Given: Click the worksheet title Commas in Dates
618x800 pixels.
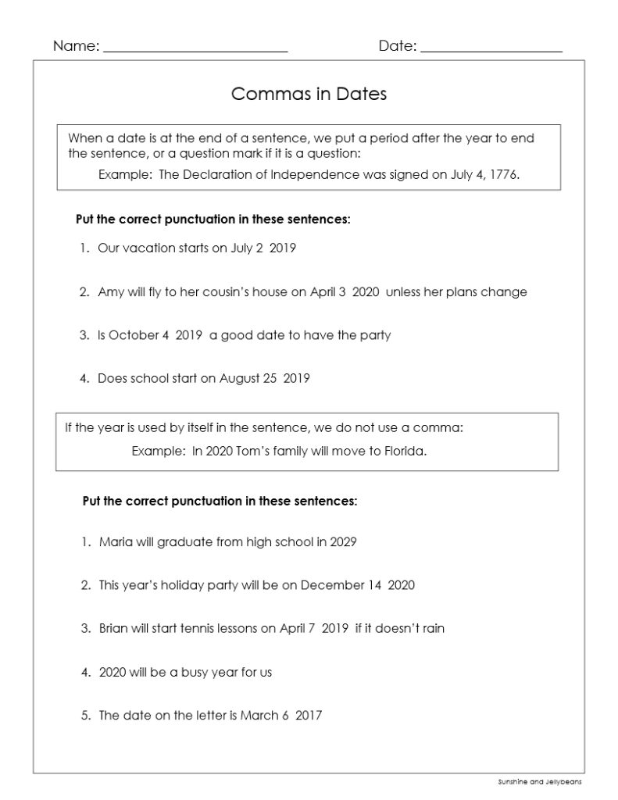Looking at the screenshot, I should pos(309,95).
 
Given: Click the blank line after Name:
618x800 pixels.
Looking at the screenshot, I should pos(195,48).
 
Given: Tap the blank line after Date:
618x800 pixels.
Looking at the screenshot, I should pos(491,48).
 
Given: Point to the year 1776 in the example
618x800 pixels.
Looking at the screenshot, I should pos(504,175).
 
